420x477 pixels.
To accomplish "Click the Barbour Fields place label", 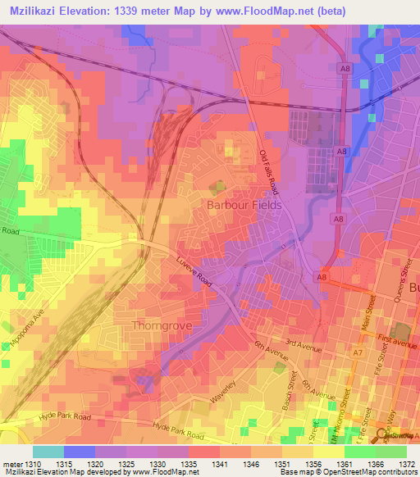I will click(244, 204).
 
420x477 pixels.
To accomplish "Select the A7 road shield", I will click(358, 352).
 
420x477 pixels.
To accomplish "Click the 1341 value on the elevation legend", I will click(202, 464).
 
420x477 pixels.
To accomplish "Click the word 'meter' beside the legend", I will click(11, 464).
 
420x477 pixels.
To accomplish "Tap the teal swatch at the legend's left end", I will click(48, 452).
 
